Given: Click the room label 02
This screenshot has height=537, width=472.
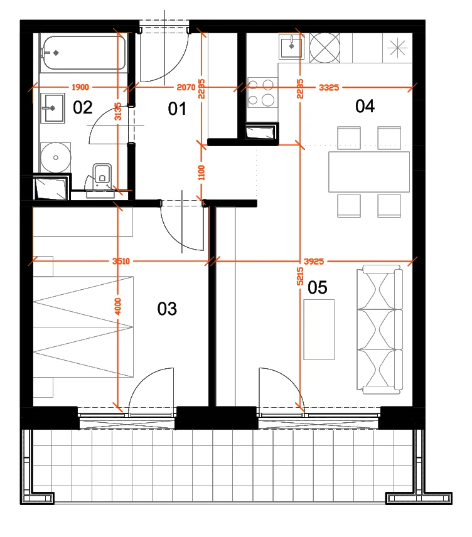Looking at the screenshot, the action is coord(83,107).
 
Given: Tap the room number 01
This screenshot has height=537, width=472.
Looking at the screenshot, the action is coord(177,109).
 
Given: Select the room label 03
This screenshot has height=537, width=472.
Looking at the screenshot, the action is coord(167,309).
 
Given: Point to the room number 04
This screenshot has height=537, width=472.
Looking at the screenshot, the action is coord(365,106).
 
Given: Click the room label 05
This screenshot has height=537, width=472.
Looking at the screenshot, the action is coord(318,287).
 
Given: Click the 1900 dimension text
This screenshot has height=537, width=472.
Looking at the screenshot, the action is coord(80,87).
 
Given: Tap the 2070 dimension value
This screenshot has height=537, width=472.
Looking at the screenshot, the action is coord(186,87).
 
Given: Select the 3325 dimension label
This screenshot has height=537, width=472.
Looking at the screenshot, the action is coord(329,88).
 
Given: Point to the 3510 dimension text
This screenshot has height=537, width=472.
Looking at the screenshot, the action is coord(121,262).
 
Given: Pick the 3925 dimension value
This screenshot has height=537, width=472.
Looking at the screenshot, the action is coord(314,262).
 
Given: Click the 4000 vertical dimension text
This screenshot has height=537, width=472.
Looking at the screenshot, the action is coord(118,307).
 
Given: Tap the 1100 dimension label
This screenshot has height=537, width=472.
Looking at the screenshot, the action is coord(201,173).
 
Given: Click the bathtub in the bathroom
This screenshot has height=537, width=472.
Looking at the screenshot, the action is coord(83,53).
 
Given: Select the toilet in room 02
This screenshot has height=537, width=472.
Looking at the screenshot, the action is coord(102,174).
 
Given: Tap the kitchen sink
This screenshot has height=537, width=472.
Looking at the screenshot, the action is coord(291,47).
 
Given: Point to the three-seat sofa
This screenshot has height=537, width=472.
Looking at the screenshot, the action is coord(380,329).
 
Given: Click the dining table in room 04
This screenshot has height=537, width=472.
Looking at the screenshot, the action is coord(369,172).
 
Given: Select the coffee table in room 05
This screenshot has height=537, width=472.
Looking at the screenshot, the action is coord(319,329).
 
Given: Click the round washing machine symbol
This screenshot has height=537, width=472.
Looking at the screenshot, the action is coord(55,157).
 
